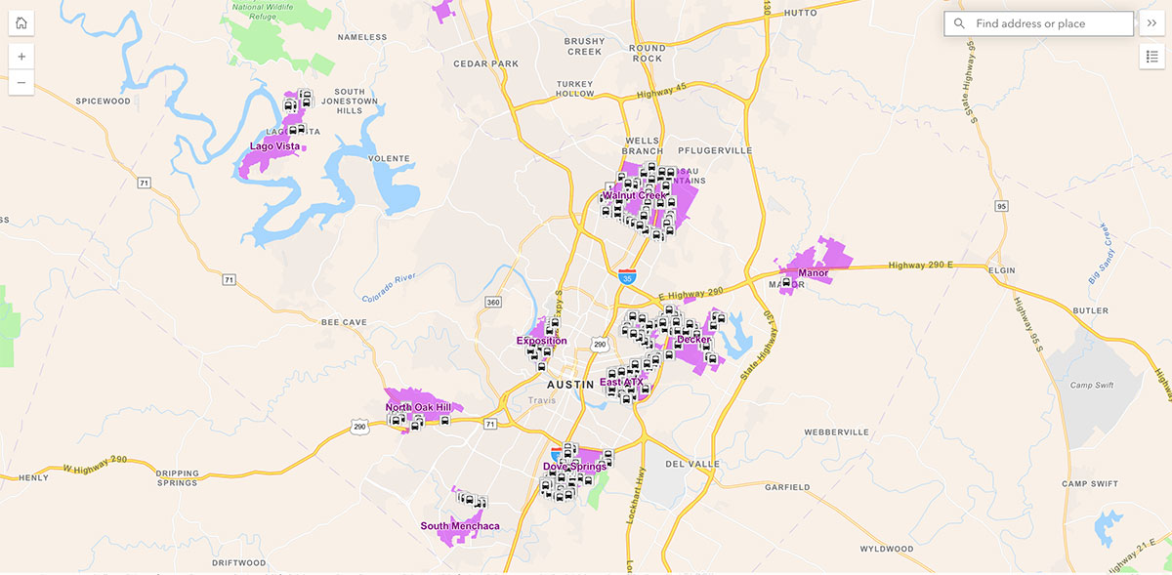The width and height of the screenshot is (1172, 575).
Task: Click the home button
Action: (21, 23)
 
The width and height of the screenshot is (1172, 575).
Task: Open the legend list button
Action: (1151, 57)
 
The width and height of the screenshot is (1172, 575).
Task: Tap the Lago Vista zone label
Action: (274, 146)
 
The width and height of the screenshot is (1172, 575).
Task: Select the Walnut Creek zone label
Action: (634, 195)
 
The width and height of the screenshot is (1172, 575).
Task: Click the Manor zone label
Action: (813, 272)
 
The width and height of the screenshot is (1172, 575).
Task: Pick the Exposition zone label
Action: (541, 341)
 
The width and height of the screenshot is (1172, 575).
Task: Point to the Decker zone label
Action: (693, 340)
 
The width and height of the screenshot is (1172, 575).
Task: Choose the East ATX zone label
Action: (622, 383)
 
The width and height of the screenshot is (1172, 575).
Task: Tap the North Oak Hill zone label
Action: (418, 407)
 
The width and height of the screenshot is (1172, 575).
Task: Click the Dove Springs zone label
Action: (574, 466)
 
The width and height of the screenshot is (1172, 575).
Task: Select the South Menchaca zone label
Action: (460, 526)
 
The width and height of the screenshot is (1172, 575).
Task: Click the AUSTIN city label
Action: (570, 385)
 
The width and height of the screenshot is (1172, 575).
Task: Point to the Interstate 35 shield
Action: (627, 277)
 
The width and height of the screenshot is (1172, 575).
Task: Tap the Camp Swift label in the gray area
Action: (1091, 385)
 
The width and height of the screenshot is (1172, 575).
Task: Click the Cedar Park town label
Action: (485, 63)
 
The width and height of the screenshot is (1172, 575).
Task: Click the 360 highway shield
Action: (493, 303)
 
